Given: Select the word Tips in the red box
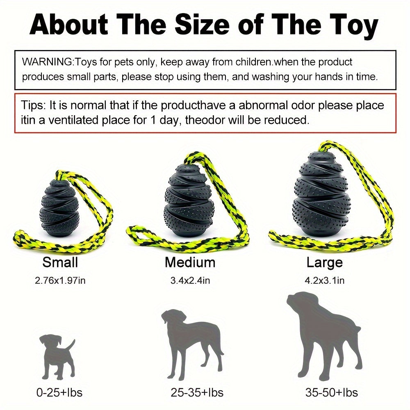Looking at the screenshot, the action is click(31, 106).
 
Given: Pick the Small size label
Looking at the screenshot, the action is click(60, 262).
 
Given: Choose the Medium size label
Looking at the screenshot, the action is click(190, 262).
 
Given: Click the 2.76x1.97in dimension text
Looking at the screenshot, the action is click(60, 280).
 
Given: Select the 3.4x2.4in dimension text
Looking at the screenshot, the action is click(190, 280).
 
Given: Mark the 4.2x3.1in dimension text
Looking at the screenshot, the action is click(324, 280).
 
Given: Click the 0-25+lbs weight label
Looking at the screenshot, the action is click(59, 392).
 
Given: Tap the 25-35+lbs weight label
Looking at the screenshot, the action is click(197, 392).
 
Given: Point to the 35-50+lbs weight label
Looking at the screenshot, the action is click(332, 392).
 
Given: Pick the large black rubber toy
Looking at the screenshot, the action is click(319, 194).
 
